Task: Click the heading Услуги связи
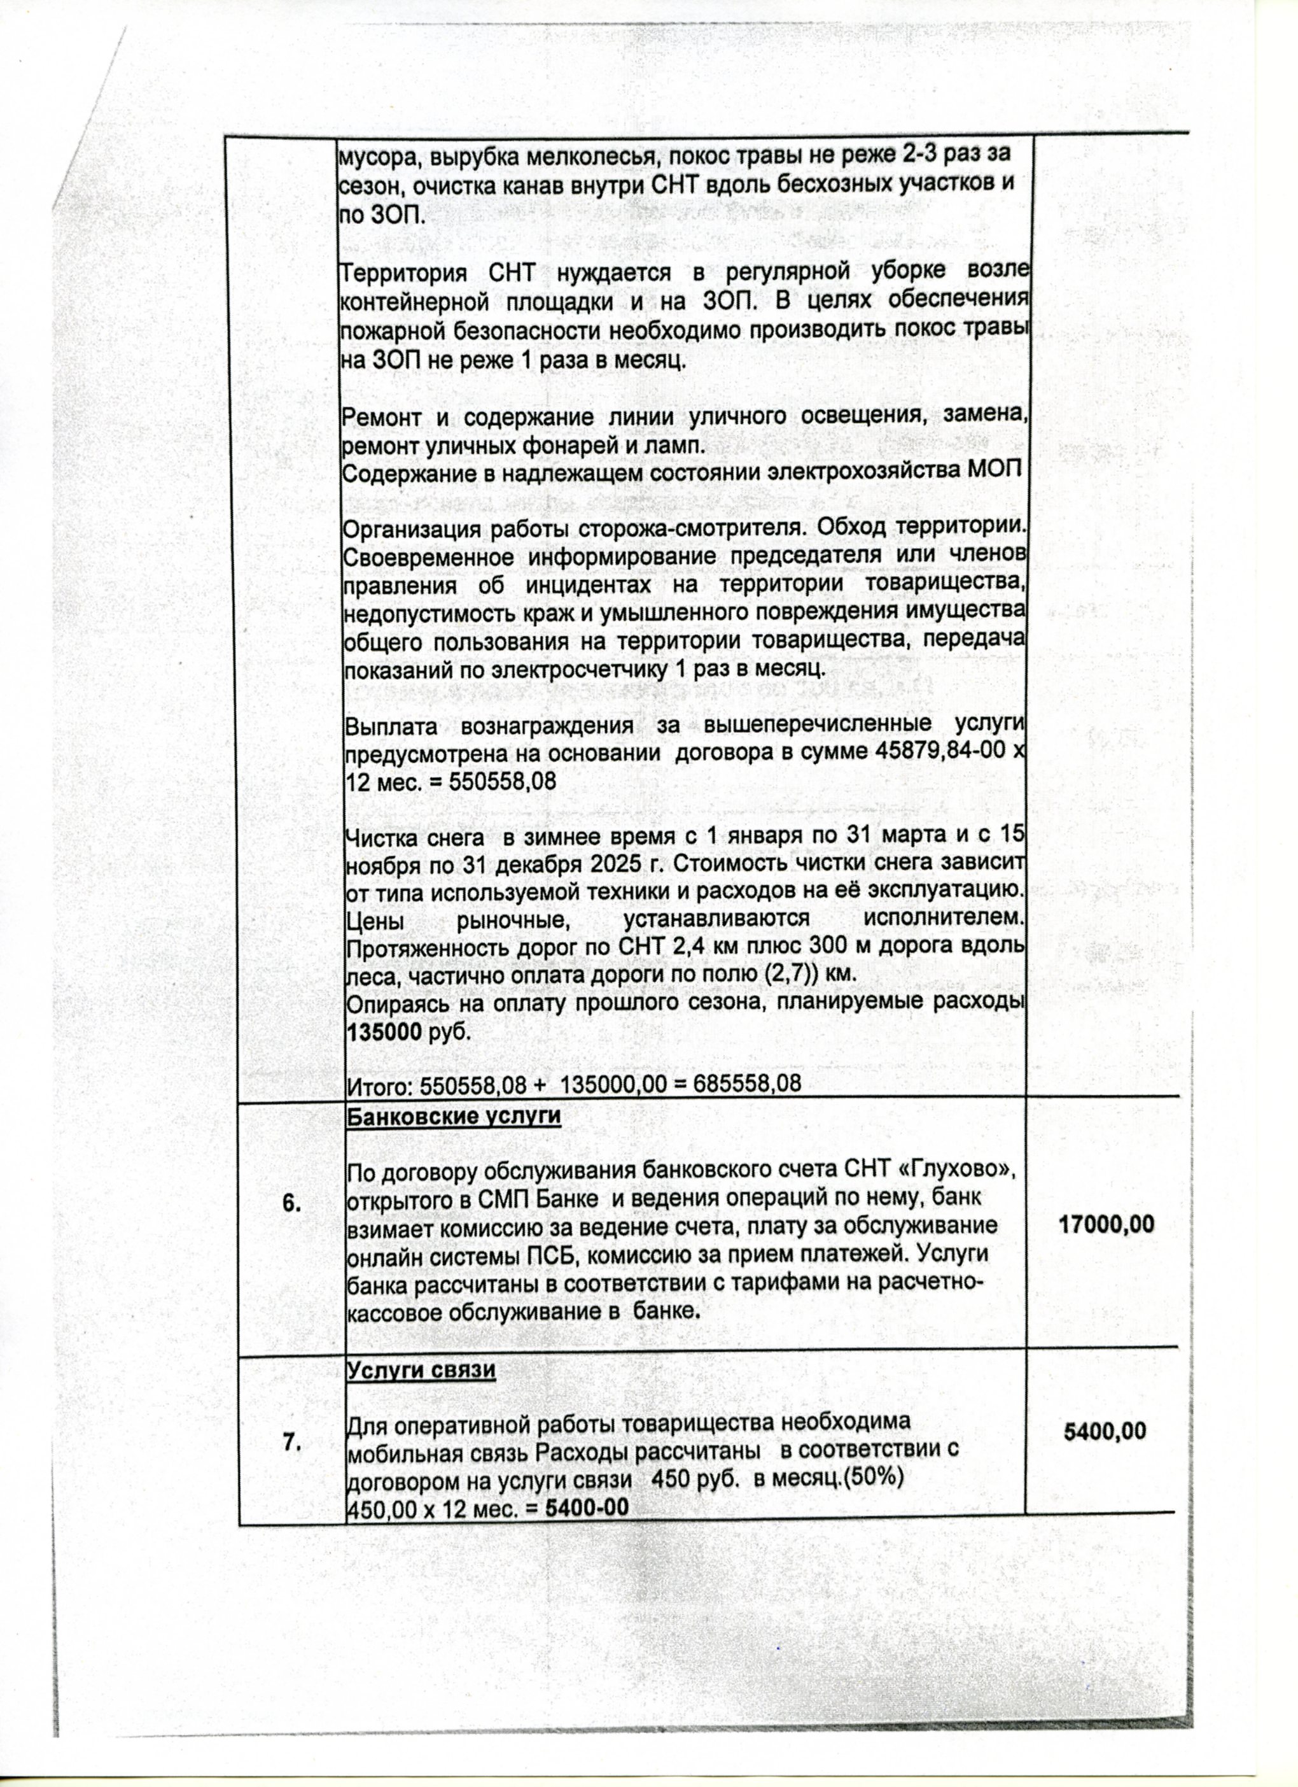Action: tap(421, 1370)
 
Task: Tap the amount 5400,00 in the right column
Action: tap(1105, 1430)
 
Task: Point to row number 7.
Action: tap(292, 1443)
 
